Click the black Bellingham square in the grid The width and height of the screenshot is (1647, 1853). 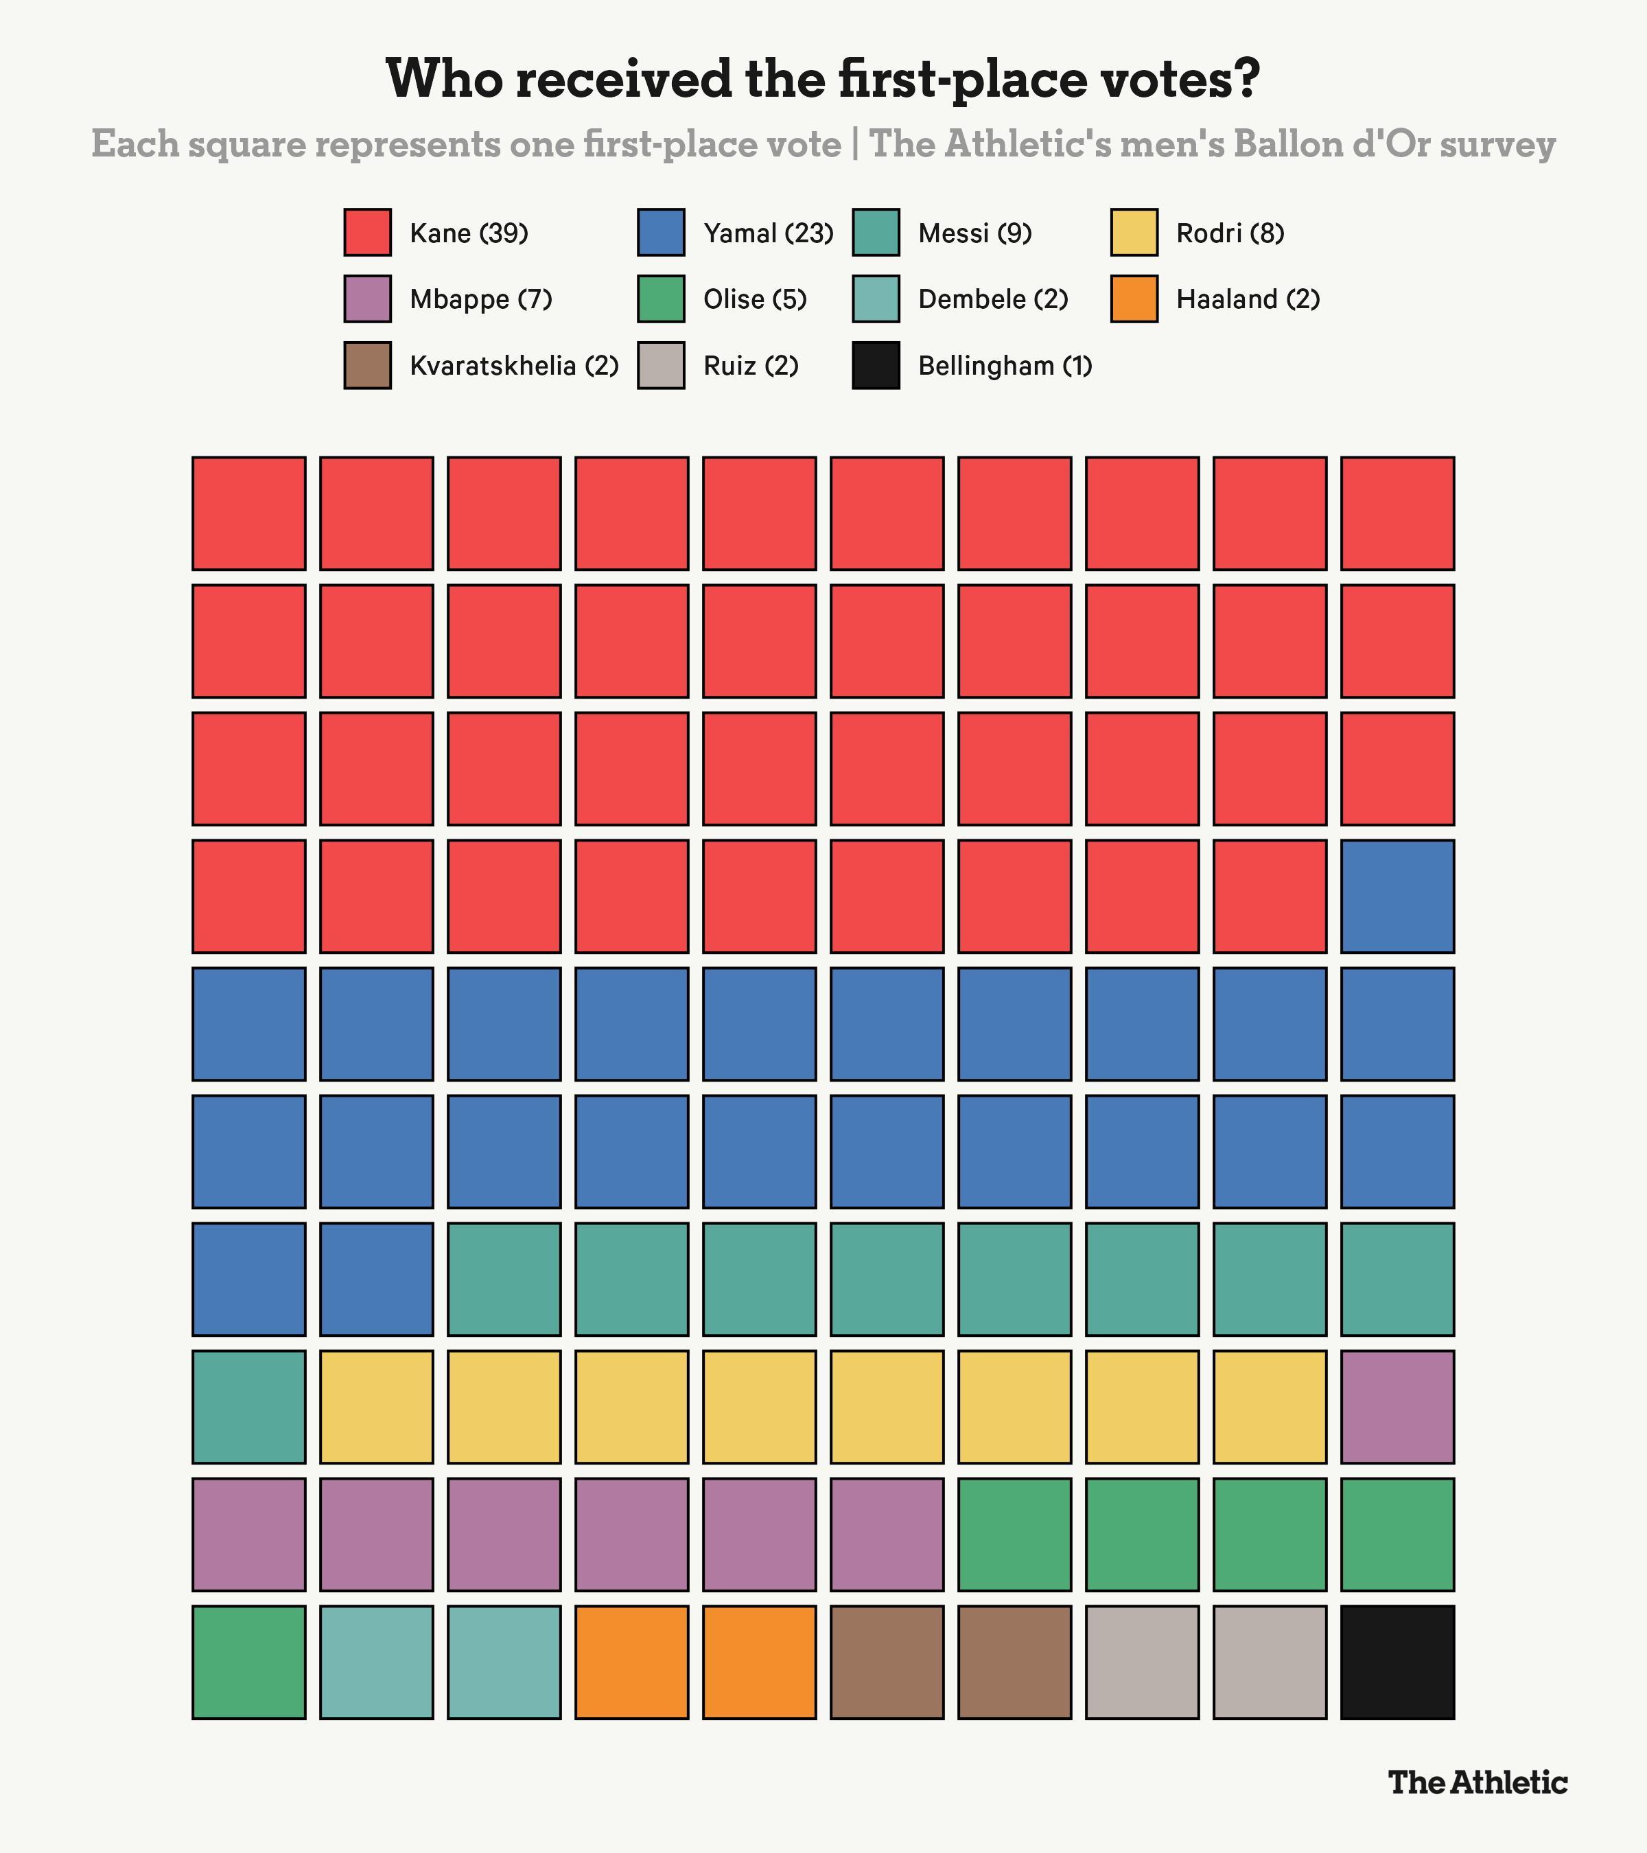(1398, 1662)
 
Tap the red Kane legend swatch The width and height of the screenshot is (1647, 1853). (367, 232)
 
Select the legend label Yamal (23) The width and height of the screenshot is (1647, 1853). (768, 233)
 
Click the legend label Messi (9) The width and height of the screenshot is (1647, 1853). (974, 233)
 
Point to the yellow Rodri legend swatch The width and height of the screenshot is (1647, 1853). (1134, 232)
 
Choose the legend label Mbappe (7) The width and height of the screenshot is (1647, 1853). (480, 299)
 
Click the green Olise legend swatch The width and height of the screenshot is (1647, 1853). (661, 299)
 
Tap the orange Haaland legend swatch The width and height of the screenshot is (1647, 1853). (1134, 299)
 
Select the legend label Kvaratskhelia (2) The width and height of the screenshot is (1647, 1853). (514, 365)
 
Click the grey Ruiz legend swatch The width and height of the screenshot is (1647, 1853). (661, 364)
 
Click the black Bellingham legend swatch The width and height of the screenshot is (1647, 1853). (876, 364)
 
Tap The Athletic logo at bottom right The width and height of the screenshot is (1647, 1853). (1477, 1782)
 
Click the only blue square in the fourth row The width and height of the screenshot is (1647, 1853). (1398, 896)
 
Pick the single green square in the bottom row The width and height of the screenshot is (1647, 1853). (248, 1662)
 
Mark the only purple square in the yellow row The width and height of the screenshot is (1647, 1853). (1398, 1406)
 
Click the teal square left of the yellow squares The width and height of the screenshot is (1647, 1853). (248, 1406)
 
